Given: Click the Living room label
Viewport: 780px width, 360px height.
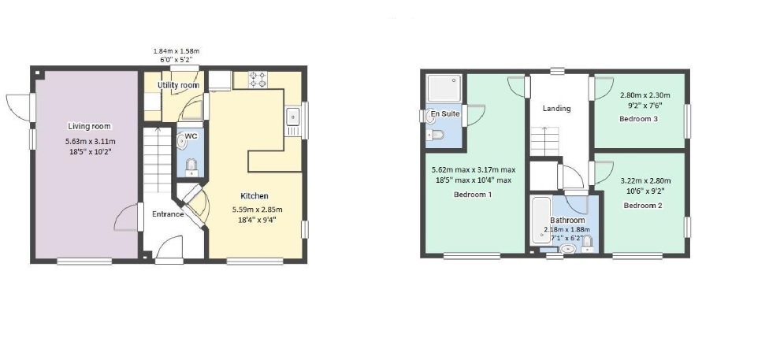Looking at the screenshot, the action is [x=89, y=126].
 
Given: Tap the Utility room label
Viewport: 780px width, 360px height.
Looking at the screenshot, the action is [x=178, y=86].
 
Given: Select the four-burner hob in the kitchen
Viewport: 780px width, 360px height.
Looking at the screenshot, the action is [x=258, y=80].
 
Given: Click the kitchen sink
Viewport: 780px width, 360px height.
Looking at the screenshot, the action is [x=292, y=117].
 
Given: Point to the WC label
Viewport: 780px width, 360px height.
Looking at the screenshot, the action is [x=191, y=135].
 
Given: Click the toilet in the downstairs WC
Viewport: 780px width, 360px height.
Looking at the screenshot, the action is [x=191, y=167].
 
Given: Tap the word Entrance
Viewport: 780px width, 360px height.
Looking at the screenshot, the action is [x=168, y=214].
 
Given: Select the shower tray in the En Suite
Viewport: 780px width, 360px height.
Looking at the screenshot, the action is [x=444, y=88].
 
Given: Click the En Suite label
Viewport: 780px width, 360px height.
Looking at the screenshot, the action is [x=445, y=114].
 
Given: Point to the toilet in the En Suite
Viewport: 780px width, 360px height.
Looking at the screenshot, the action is [x=435, y=134].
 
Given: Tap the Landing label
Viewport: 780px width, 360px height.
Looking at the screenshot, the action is [x=556, y=109].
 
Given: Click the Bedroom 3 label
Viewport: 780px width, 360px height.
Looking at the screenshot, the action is [x=639, y=119].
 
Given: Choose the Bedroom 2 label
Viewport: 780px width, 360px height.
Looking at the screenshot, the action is [x=643, y=206].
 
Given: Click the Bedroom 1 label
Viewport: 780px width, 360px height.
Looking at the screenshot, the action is [x=473, y=195].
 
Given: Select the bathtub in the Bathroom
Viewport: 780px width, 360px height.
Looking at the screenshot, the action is [x=540, y=221].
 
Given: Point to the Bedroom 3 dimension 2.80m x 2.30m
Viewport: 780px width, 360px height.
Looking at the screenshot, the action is [x=645, y=95].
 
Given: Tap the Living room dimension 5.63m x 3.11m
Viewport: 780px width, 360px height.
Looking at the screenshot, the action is [x=90, y=142].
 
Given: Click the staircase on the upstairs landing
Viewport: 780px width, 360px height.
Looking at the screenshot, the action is [x=545, y=142].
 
